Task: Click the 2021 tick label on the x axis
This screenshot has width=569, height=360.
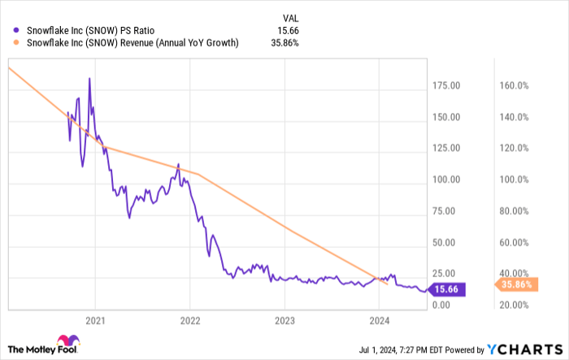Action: [x=95, y=318]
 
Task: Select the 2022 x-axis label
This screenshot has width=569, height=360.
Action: [x=189, y=318]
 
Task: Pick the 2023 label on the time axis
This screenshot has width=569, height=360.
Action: [x=284, y=318]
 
